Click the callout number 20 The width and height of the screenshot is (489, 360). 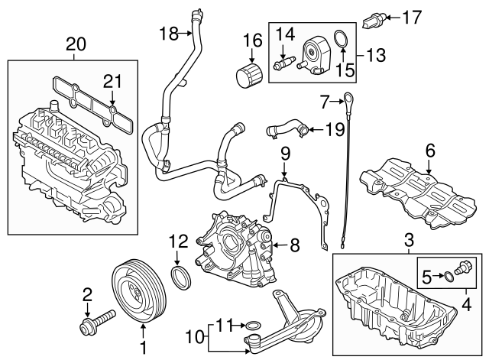(x=76, y=44)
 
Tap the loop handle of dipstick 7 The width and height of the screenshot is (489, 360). (x=347, y=97)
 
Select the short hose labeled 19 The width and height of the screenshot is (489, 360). (x=286, y=131)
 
